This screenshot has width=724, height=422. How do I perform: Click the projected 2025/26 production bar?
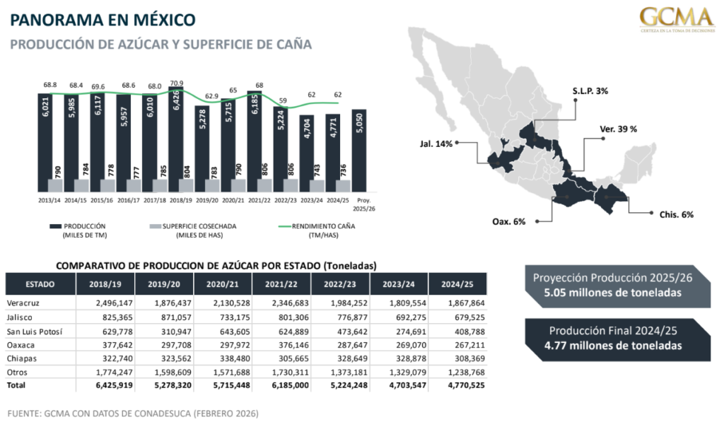(358, 151)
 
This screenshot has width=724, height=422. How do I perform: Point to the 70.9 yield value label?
(177, 83)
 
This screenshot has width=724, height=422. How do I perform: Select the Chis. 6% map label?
(677, 214)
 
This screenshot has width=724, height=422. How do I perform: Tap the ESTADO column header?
(40, 283)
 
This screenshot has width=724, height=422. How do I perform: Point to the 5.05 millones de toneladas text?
(612, 291)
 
